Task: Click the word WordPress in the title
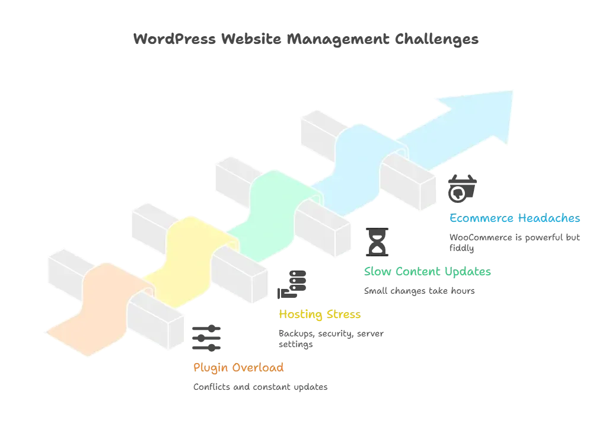coord(174,39)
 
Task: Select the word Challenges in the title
coord(436,39)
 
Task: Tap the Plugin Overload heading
coord(238,368)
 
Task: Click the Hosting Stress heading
coord(320,314)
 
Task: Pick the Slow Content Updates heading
coord(428,271)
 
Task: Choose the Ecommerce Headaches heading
coord(515,218)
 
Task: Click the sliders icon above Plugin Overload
coord(206,338)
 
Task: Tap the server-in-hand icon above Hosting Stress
coord(292,285)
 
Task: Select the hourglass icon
coord(377,242)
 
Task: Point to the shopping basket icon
coord(462,189)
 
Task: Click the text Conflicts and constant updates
coord(260,387)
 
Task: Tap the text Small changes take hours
coord(419,291)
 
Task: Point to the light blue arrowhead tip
coord(512,91)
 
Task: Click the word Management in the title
coord(338,39)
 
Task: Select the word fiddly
coord(462,249)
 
